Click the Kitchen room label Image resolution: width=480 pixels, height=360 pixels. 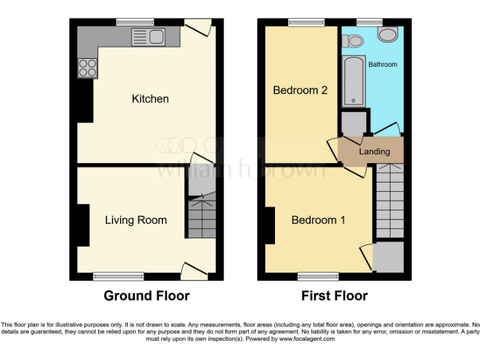(150, 99)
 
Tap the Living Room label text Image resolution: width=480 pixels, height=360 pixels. (136, 220)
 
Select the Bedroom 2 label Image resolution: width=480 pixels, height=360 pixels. (300, 90)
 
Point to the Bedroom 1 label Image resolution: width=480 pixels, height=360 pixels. (319, 220)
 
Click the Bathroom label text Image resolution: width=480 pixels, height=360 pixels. (382, 64)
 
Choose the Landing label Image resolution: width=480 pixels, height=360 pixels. (374, 151)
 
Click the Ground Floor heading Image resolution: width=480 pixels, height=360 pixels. (146, 296)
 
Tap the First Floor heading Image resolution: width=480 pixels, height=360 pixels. (334, 296)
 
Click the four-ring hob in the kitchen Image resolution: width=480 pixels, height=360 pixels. (87, 67)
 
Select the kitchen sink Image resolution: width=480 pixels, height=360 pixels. (148, 37)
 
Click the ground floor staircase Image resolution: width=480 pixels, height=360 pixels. (201, 216)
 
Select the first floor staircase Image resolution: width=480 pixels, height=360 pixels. (389, 200)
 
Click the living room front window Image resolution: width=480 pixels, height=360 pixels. (118, 276)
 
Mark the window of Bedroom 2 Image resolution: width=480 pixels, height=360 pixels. (306, 23)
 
